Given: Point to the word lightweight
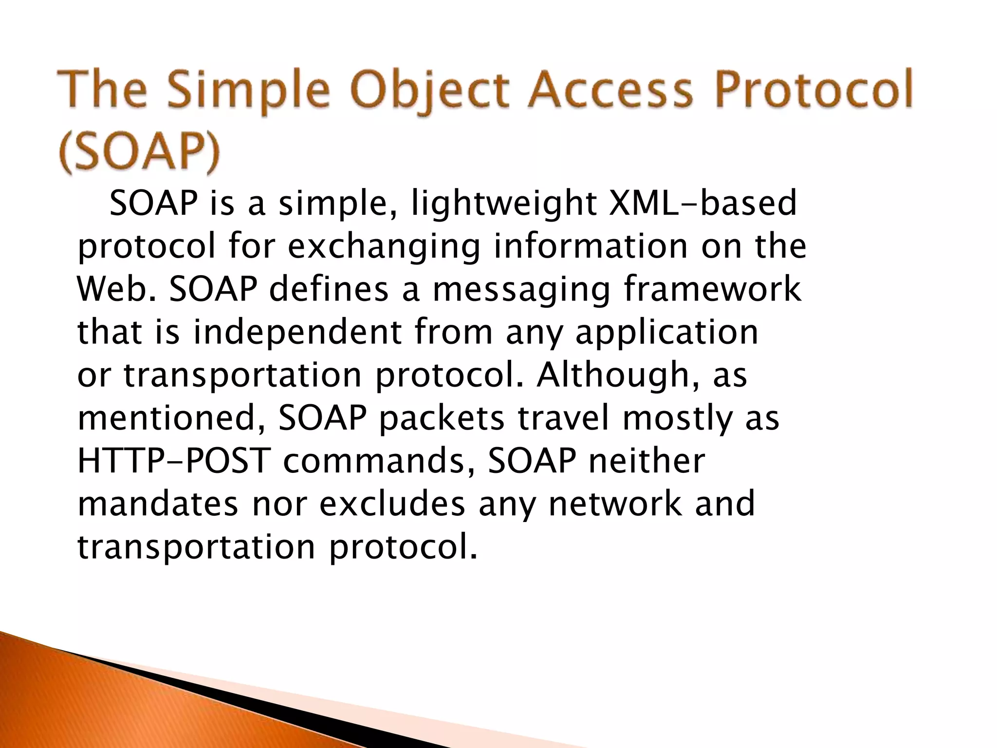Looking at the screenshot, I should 504,205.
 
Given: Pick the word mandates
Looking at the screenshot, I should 158,504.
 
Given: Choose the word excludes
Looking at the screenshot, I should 392,504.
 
